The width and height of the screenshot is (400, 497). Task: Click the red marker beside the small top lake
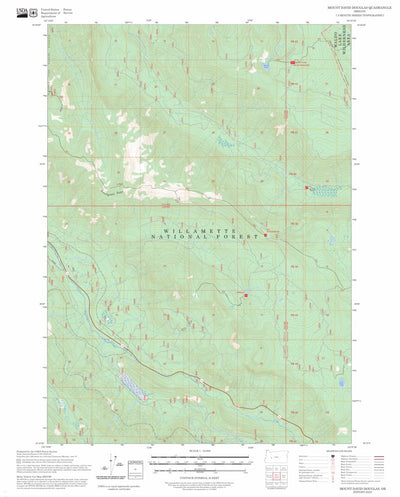296,64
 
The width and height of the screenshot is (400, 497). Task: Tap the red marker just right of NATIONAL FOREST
265,236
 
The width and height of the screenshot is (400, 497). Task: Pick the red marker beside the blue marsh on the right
307,187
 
